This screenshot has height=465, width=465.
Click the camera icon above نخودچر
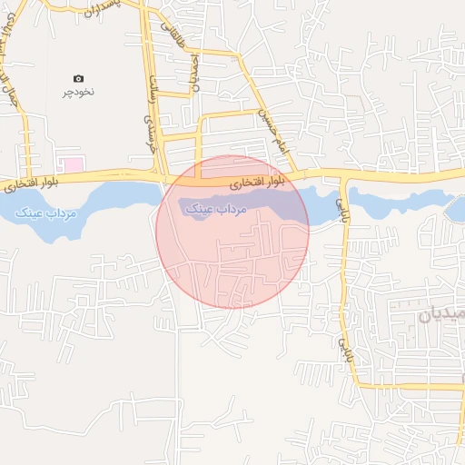78,79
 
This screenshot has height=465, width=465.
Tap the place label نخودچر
78,92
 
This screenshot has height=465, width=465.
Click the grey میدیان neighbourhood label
441,316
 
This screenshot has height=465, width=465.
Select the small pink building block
71,164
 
